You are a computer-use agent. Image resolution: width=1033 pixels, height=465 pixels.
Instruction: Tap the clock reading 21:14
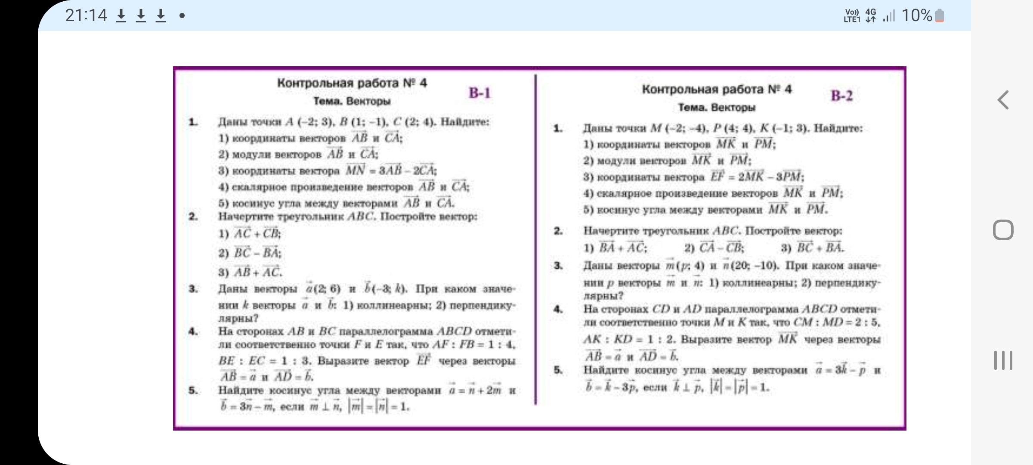click(x=86, y=16)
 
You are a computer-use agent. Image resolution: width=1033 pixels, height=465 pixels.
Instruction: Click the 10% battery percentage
click(x=916, y=16)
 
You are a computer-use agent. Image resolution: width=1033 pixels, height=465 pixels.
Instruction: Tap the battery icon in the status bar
click(x=940, y=16)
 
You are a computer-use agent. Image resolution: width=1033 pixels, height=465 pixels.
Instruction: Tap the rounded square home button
click(x=1003, y=230)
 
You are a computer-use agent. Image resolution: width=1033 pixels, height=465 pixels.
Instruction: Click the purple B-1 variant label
click(x=479, y=93)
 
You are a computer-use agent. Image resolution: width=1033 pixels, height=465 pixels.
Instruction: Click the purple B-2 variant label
click(x=841, y=96)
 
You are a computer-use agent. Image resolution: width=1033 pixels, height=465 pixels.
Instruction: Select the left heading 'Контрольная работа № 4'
click(x=352, y=83)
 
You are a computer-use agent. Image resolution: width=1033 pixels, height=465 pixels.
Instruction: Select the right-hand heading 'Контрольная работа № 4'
click(x=717, y=90)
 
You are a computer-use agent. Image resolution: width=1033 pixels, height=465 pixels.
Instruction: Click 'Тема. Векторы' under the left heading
click(x=352, y=102)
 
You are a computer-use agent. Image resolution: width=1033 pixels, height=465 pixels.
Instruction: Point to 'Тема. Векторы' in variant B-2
click(x=717, y=108)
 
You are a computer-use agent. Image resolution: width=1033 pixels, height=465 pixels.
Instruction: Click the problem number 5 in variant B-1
click(x=193, y=391)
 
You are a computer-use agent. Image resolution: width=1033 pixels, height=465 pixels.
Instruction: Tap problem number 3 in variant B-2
click(x=558, y=266)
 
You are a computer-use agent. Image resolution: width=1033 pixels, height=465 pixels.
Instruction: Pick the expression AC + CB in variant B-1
click(x=257, y=234)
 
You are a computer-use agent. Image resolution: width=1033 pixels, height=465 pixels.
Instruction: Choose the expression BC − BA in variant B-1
click(x=257, y=253)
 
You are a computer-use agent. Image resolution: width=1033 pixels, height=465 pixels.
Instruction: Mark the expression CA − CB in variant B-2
click(x=721, y=248)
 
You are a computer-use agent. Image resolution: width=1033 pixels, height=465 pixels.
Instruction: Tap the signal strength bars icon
click(x=888, y=16)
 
